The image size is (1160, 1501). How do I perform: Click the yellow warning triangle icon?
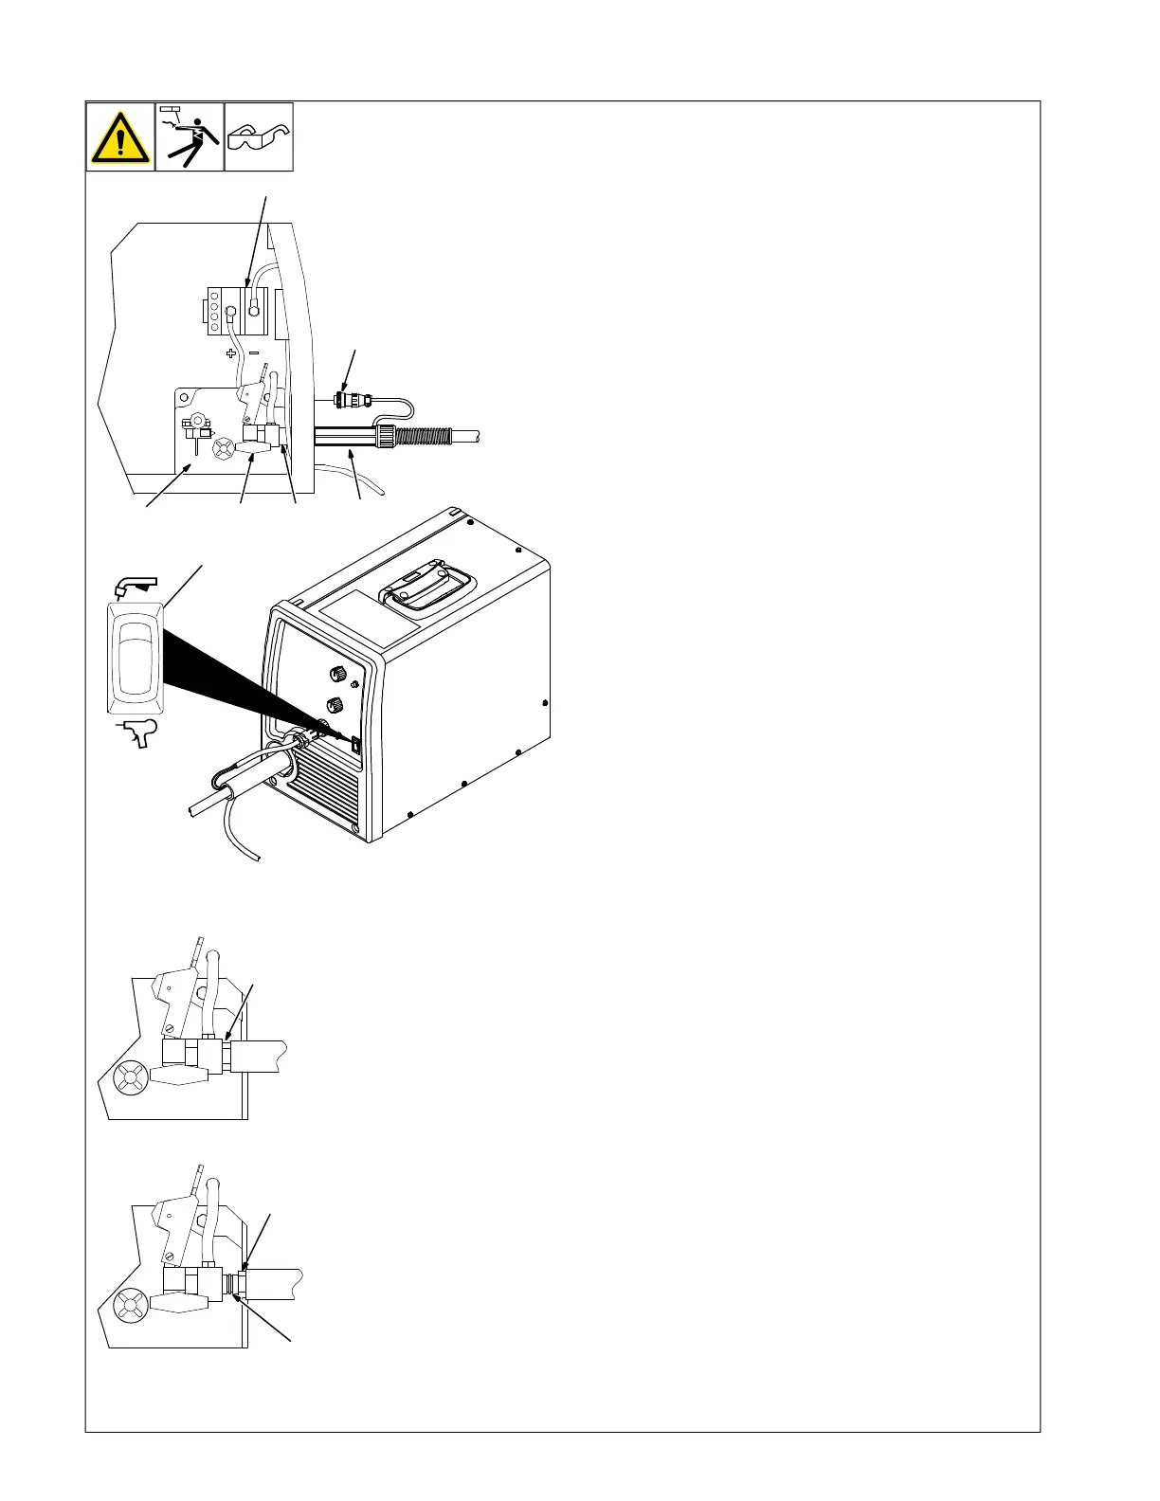[120, 138]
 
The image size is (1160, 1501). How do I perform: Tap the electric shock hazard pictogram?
[190, 137]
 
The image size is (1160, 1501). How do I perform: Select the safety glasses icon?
[259, 138]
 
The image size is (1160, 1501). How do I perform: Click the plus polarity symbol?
[230, 353]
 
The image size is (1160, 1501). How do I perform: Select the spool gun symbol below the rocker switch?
[135, 734]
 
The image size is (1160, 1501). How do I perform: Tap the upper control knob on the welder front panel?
[335, 675]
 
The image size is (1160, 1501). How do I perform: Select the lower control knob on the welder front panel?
[335, 706]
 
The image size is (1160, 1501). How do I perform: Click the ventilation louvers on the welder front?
[327, 791]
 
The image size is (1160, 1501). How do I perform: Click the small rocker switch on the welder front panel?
[356, 745]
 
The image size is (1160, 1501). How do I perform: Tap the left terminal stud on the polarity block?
[229, 308]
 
